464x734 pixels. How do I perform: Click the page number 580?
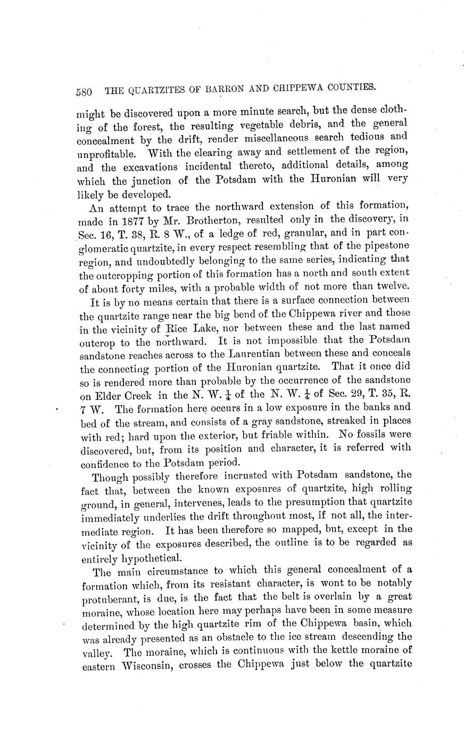click(85, 91)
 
